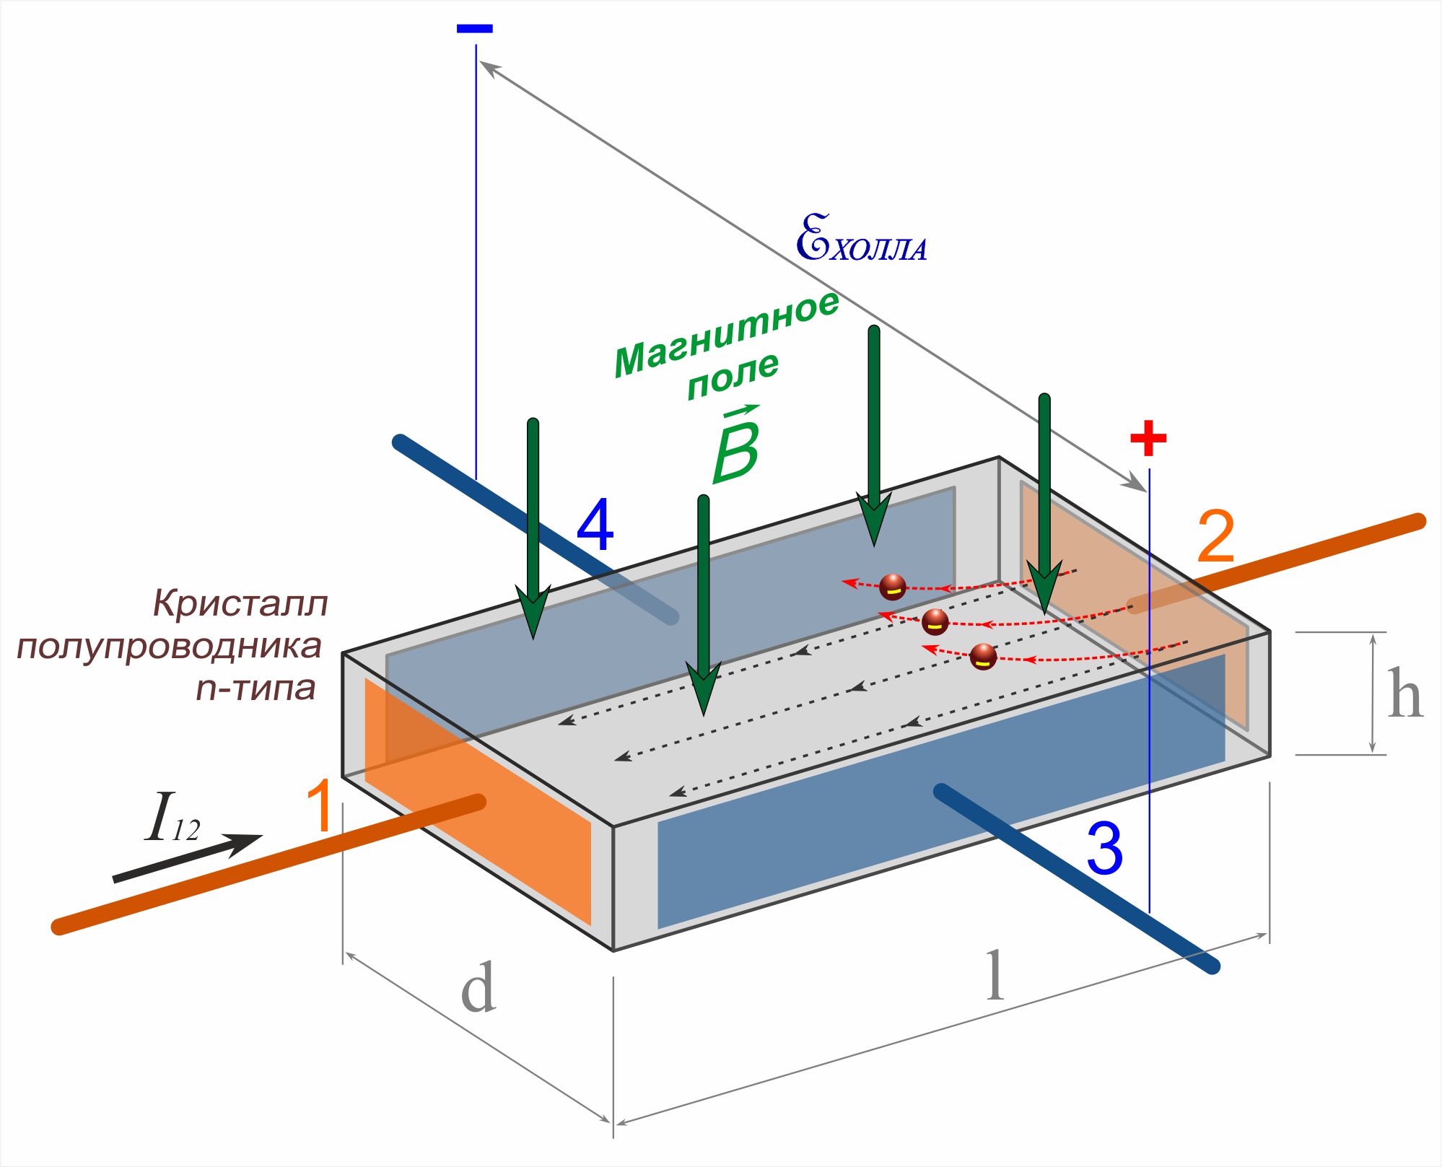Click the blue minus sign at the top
point(474,29)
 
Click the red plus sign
point(1148,438)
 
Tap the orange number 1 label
point(320,806)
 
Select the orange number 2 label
point(1215,537)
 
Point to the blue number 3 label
point(1104,849)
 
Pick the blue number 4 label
point(595,525)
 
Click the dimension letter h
point(1404,694)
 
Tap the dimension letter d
point(478,987)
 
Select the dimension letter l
point(995,975)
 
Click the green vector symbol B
point(736,447)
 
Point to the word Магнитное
point(725,335)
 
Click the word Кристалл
point(240,603)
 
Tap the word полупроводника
point(169,646)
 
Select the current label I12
point(171,818)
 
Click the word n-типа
point(255,688)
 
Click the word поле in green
point(733,375)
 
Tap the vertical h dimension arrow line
point(1373,694)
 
